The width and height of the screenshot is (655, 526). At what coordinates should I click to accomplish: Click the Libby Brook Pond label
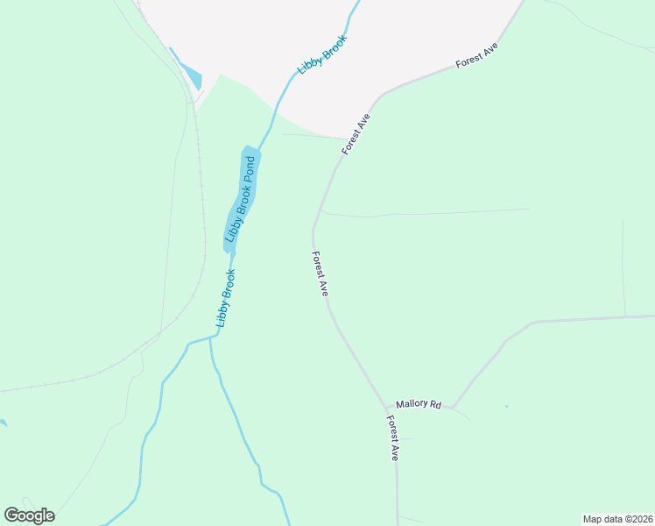[242, 199]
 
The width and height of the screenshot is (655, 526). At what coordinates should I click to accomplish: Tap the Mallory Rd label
[419, 404]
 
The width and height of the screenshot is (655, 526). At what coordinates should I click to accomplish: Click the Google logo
[29, 515]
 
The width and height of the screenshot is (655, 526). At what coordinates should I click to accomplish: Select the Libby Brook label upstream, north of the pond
[322, 54]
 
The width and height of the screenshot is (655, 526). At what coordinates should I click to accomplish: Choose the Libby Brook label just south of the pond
[226, 298]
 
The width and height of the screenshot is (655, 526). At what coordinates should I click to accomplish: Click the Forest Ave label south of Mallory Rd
[395, 439]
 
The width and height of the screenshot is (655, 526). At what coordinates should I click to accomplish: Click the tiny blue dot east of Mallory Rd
[506, 406]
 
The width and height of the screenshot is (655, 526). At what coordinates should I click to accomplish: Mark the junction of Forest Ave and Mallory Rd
[387, 409]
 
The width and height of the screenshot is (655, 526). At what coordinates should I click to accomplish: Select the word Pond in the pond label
[250, 168]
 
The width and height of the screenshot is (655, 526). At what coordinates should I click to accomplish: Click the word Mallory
[412, 404]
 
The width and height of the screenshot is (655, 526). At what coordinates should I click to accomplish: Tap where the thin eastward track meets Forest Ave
[323, 210]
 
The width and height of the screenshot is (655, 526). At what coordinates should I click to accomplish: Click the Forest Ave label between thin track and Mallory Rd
[320, 274]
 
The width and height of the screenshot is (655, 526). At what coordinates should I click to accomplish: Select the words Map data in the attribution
[602, 519]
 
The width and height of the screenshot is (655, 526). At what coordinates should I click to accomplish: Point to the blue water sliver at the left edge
[3, 423]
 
